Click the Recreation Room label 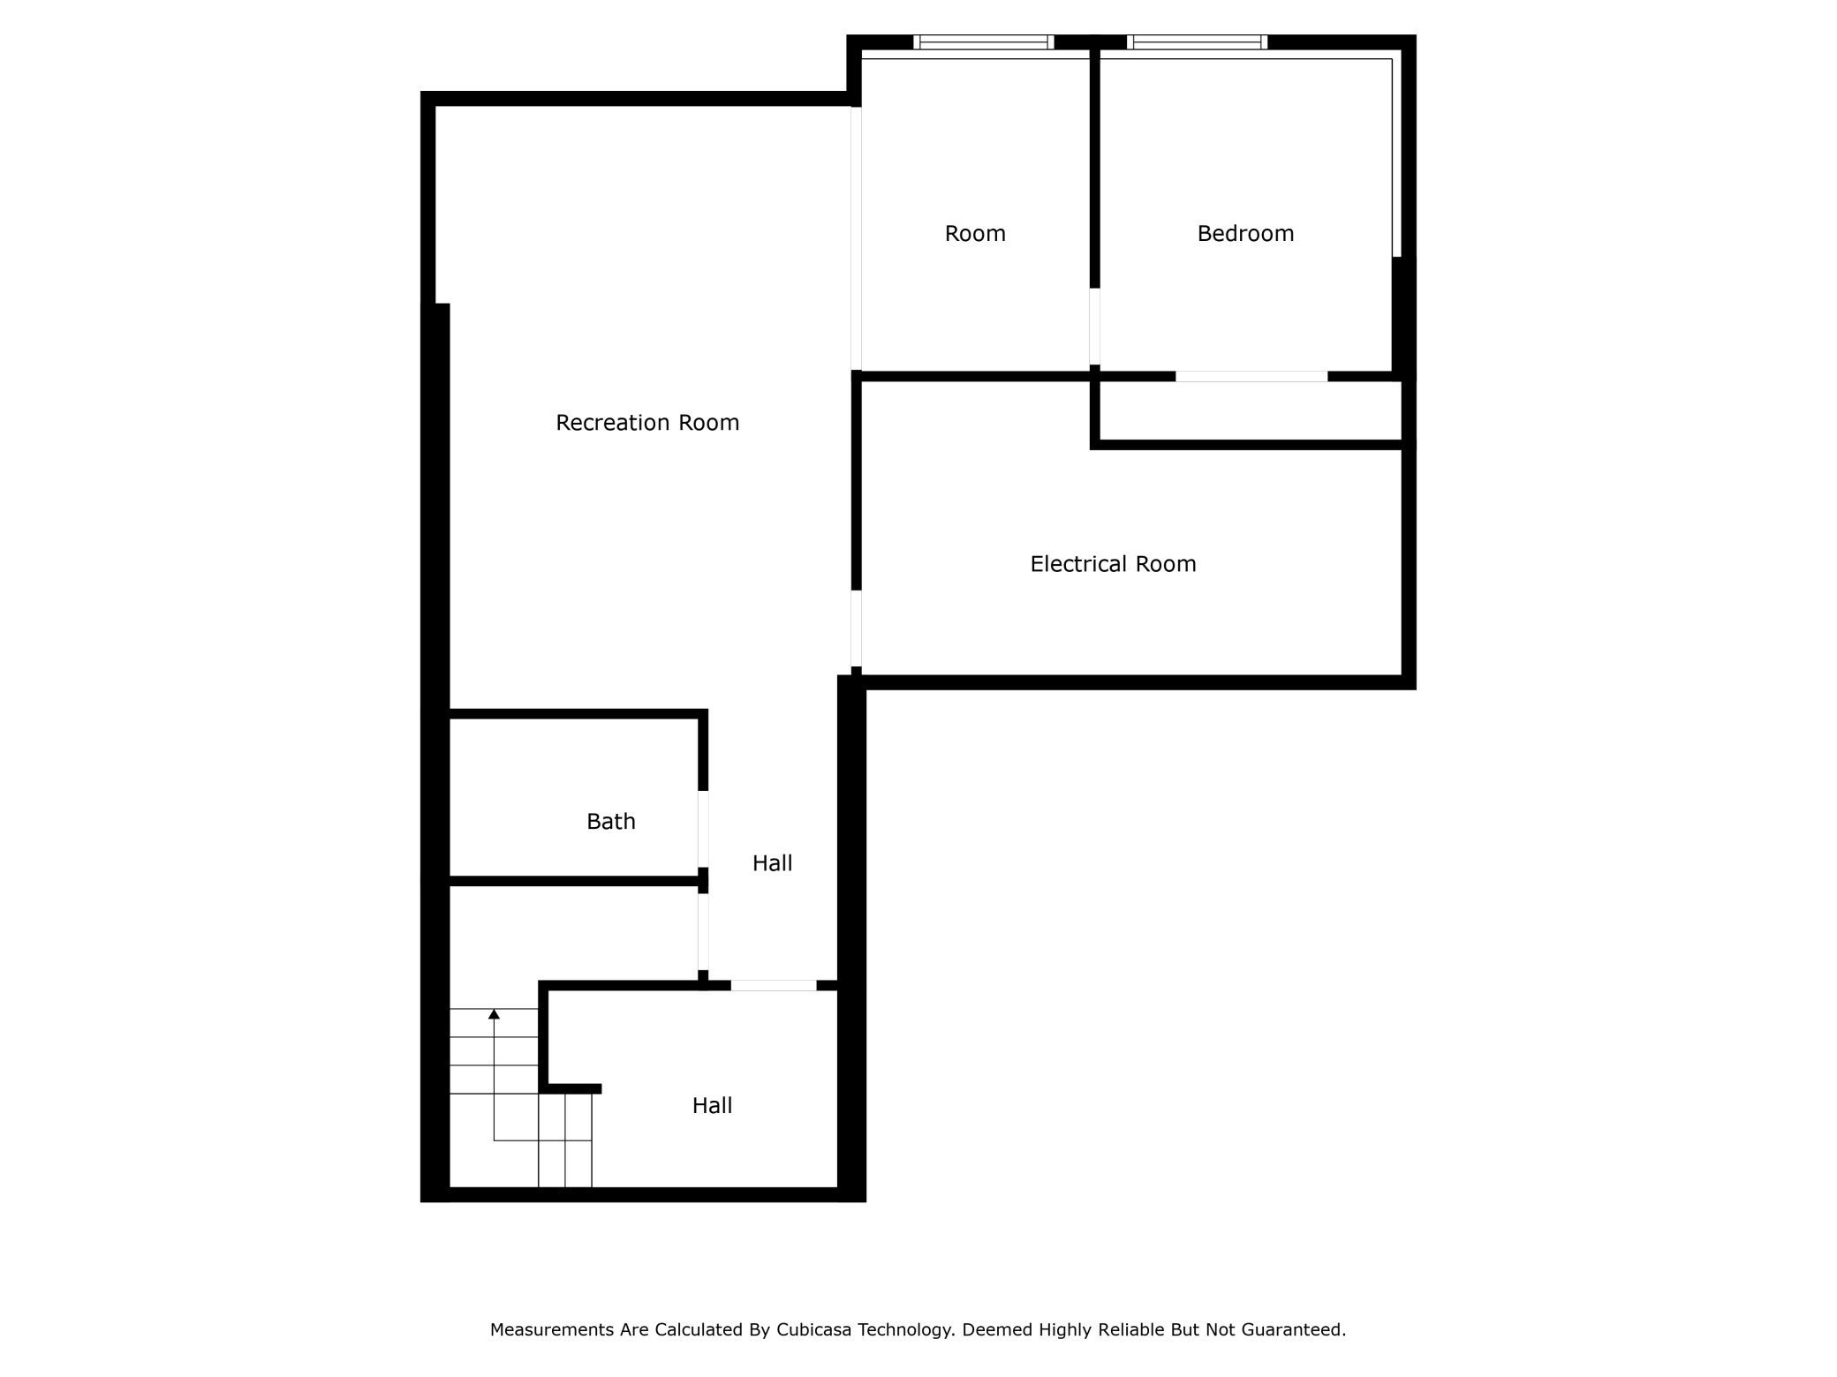tap(647, 423)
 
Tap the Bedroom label tap(1245, 234)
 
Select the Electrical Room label tap(1113, 564)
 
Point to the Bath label tap(611, 822)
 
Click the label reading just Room tap(975, 234)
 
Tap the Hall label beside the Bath tap(772, 863)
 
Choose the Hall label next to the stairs tap(712, 1106)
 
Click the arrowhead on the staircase tap(494, 1014)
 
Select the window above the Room tap(983, 41)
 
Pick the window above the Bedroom tap(1197, 41)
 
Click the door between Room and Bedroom tap(1094, 326)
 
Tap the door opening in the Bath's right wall tap(703, 828)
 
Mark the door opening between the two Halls tap(773, 985)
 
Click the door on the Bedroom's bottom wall tap(1251, 377)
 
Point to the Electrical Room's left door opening tap(856, 628)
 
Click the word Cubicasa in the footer tap(813, 1329)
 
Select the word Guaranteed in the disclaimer tap(1293, 1329)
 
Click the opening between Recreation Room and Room tap(856, 238)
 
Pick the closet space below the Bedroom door tap(1250, 410)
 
